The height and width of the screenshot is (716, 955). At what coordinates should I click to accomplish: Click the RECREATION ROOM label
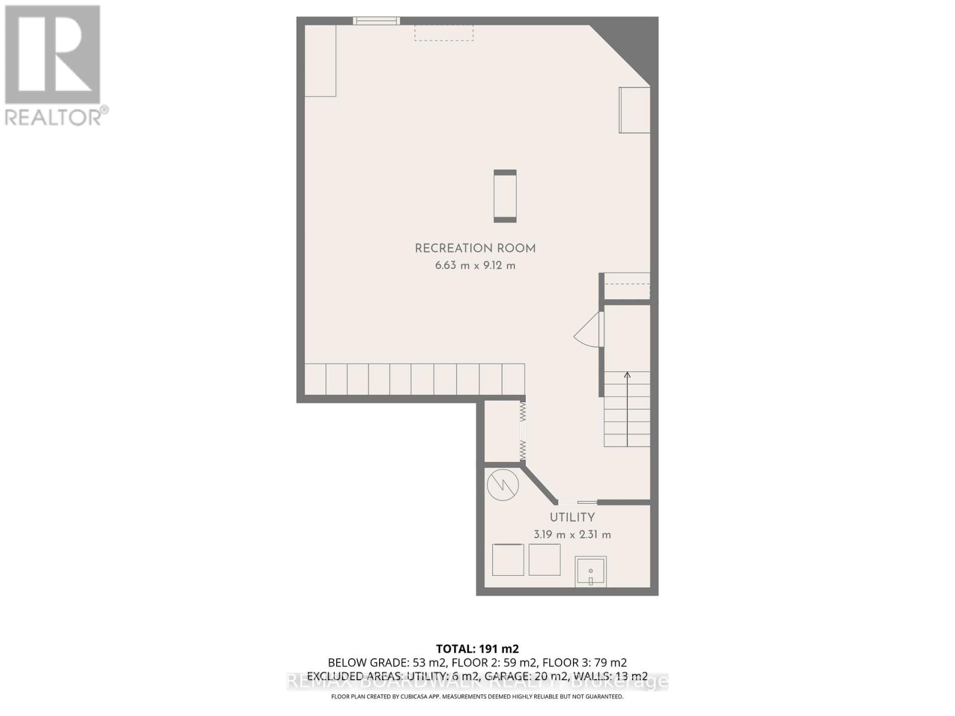[475, 248]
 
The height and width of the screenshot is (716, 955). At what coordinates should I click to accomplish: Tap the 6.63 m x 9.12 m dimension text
[475, 266]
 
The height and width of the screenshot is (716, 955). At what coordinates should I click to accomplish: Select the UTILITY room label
[572, 517]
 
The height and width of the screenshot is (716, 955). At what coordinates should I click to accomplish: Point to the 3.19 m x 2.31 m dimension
[572, 535]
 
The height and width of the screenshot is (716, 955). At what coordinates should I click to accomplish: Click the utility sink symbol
[590, 572]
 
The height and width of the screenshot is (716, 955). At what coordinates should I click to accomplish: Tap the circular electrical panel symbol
[503, 484]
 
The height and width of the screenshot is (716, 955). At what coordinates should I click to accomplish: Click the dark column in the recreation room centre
[505, 196]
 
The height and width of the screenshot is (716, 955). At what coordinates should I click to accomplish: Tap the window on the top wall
[376, 21]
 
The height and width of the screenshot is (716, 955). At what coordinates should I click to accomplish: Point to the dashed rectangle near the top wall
[444, 33]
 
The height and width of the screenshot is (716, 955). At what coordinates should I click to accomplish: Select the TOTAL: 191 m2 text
[478, 649]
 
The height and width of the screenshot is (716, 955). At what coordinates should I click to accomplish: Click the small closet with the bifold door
[501, 431]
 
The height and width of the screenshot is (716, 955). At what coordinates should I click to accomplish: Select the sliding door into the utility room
[577, 502]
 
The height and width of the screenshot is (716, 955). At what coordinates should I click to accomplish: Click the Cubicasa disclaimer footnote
[478, 696]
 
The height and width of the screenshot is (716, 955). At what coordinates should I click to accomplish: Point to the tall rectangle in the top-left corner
[321, 60]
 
